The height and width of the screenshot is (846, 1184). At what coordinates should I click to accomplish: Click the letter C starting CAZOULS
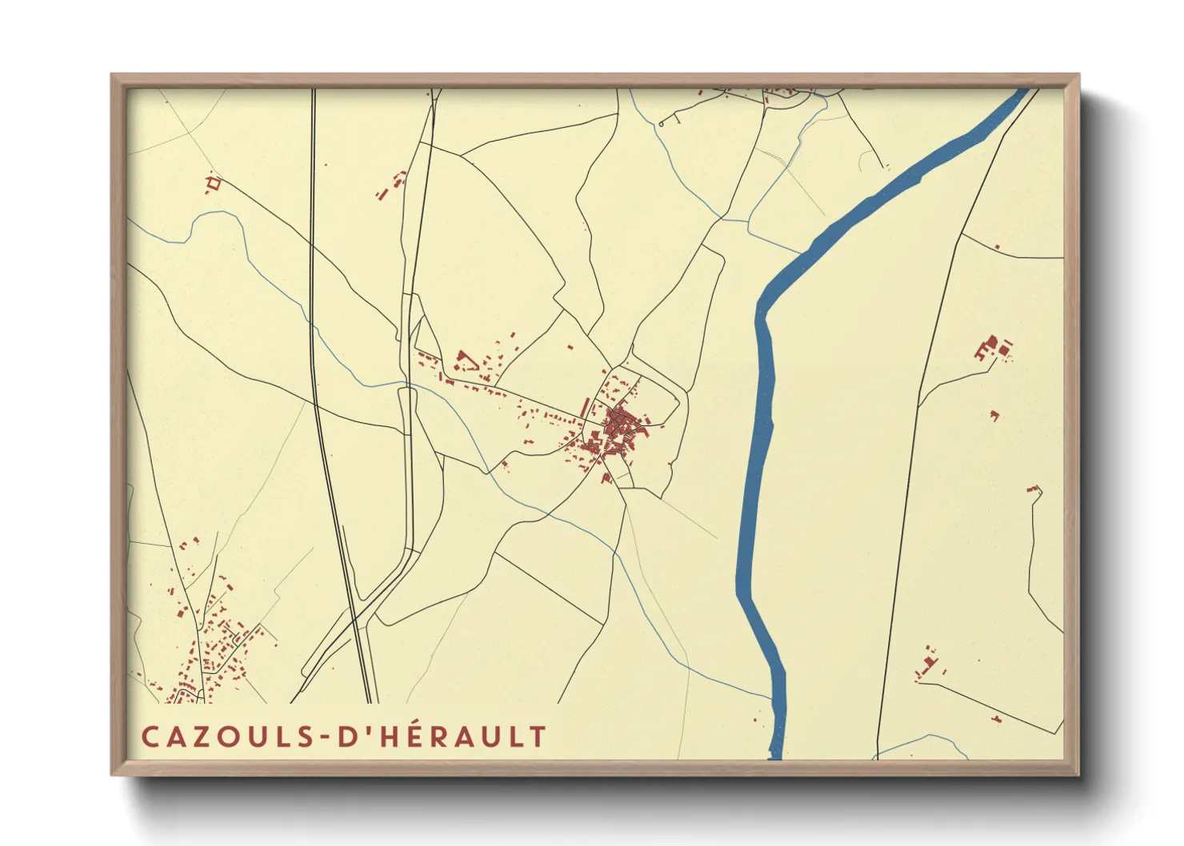click(150, 736)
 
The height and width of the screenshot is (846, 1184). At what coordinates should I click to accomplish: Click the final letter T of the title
click(538, 736)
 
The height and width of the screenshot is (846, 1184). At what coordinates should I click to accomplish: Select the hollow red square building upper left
click(213, 185)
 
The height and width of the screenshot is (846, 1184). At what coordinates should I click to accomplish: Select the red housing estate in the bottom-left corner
click(212, 640)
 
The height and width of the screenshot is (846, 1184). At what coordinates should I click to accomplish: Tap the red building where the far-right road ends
click(1031, 489)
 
